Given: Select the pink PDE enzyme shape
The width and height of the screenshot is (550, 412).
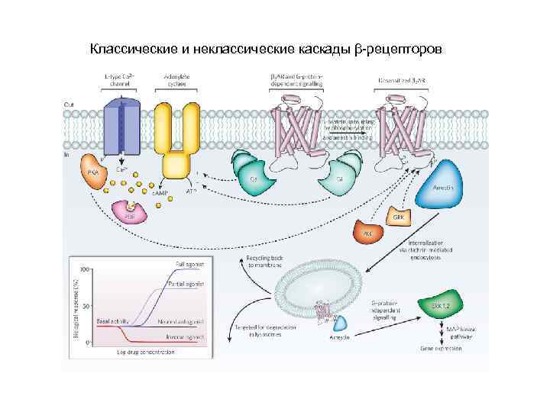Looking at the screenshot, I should coord(130,212).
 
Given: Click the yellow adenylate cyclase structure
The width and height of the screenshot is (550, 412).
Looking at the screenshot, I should coord(175,137).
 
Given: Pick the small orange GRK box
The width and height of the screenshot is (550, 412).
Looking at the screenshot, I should coord(398,217).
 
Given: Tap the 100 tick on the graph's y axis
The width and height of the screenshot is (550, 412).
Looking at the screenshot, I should coord(86,269).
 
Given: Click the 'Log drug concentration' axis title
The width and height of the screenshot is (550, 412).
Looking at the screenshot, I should coord(146,352).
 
